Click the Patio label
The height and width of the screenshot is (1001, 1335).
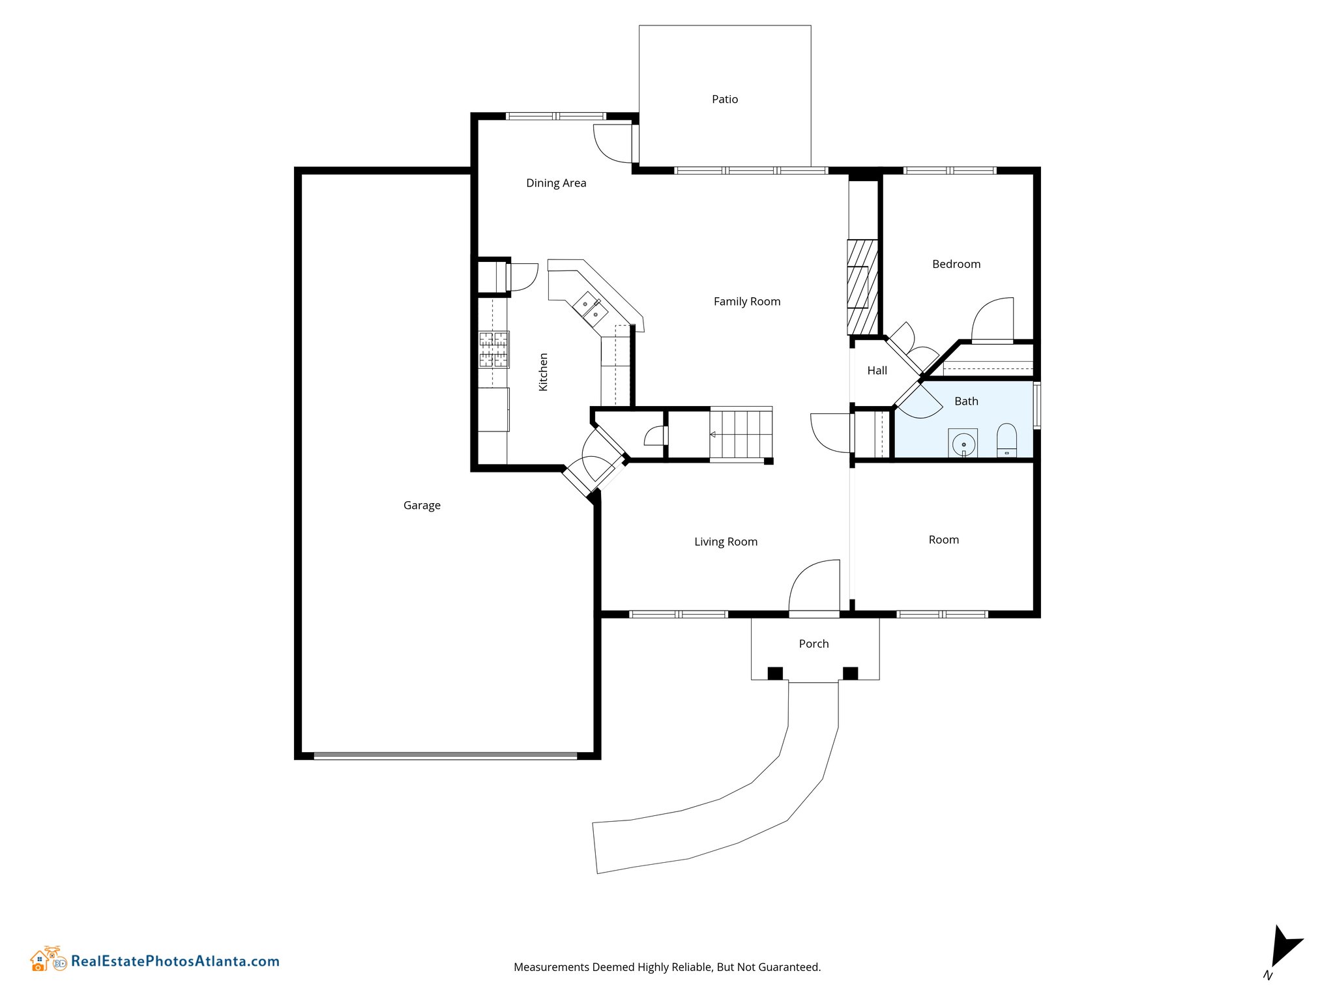point(725,99)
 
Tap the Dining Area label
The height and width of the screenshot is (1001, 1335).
point(556,183)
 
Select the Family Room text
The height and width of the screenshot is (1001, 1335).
point(747,302)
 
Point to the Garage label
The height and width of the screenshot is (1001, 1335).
point(422,506)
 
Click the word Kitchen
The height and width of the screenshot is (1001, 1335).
point(543,372)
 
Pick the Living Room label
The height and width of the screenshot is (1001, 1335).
point(726,542)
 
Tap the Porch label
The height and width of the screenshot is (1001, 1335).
point(814,644)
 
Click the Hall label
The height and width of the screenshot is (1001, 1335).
point(877,371)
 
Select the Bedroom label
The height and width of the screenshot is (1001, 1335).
point(956,264)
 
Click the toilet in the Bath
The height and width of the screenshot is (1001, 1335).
point(1006,441)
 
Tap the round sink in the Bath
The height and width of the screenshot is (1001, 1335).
point(963,445)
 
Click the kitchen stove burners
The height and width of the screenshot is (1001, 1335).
point(493,349)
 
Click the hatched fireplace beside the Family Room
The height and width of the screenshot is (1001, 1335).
point(862,287)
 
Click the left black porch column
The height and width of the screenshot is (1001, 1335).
point(774,673)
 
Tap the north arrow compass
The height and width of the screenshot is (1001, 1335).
point(1284,946)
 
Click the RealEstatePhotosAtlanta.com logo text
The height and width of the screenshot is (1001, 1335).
point(175,961)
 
